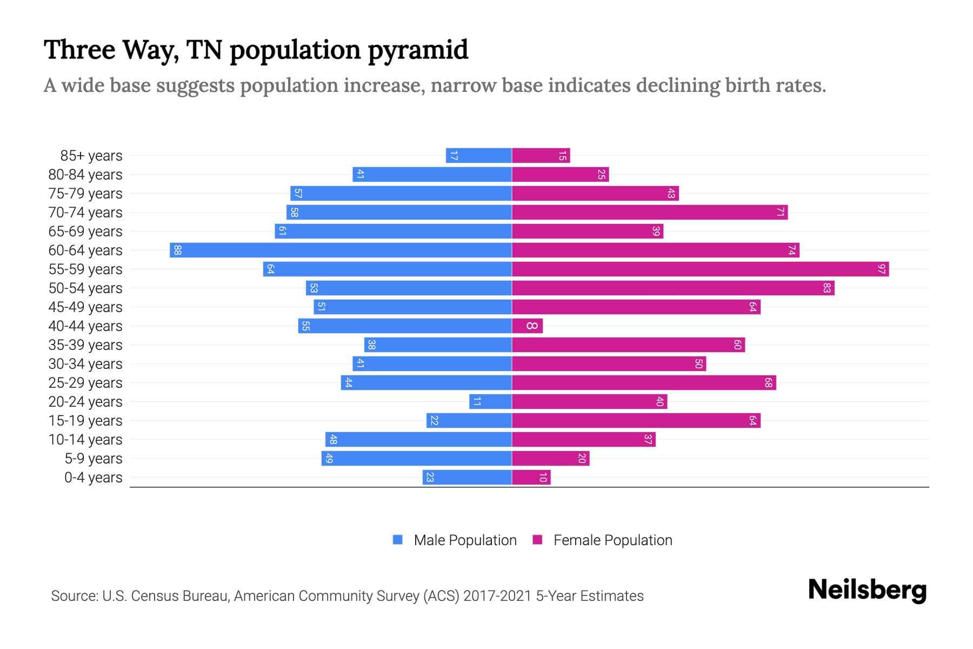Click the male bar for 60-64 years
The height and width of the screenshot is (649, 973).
[341, 250]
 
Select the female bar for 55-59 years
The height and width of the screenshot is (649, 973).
[700, 269]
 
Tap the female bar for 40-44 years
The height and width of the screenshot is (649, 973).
[527, 326]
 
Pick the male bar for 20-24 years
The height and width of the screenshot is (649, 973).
[490, 402]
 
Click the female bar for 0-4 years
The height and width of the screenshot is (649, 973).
[531, 478]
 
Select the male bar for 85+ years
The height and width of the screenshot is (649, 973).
[478, 156]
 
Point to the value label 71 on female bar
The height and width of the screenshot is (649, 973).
[780, 213]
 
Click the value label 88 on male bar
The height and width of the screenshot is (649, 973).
[177, 250]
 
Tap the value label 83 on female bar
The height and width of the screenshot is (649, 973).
[827, 288]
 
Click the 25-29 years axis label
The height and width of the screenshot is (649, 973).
[85, 383]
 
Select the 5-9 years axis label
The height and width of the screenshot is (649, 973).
[94, 459]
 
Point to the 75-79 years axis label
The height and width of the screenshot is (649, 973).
[85, 194]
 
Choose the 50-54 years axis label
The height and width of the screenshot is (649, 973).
[85, 288]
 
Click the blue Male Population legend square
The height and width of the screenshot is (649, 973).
[398, 540]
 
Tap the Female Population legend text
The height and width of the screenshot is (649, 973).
[612, 540]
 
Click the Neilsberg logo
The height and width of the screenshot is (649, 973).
[867, 590]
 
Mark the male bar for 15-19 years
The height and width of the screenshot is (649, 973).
[469, 421]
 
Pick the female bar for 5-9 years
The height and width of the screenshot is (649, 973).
[550, 459]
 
